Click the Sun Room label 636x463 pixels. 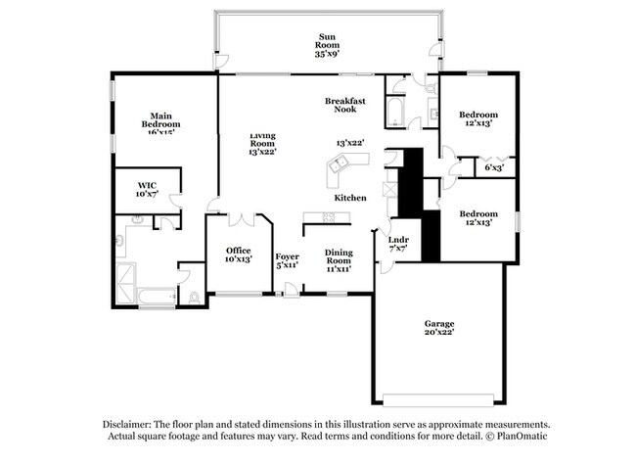tap(326, 45)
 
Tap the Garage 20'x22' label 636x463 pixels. tap(438, 328)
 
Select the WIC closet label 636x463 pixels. tap(147, 189)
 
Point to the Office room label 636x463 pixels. tap(239, 255)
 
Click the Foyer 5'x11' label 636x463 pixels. tap(287, 260)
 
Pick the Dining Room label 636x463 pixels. tap(338, 258)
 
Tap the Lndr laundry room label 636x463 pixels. tap(398, 245)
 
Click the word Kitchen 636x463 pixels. tap(350, 198)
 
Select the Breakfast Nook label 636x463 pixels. tap(345, 106)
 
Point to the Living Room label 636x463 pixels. tap(262, 143)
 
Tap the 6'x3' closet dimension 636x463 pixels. tap(495, 167)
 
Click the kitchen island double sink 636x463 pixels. tap(336, 168)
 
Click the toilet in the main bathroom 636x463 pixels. tap(194, 296)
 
